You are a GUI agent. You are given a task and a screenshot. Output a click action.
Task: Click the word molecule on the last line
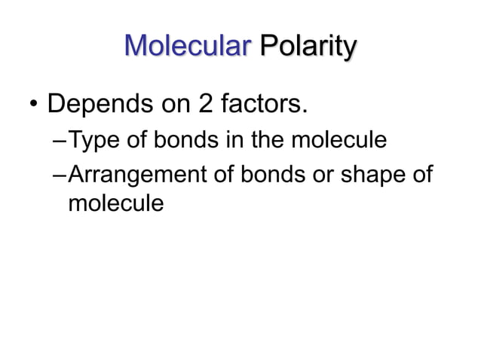coord(115,202)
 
